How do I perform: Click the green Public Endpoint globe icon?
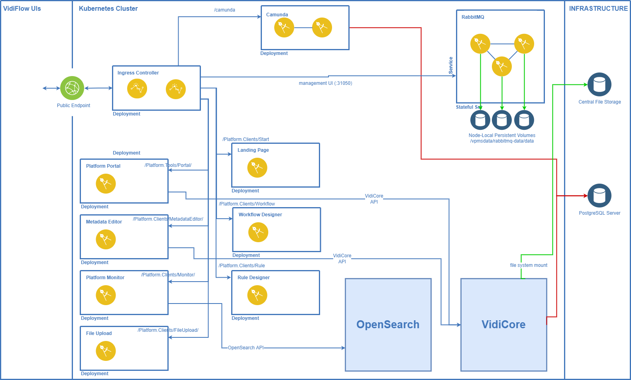click(x=72, y=88)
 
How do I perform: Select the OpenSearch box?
click(x=388, y=325)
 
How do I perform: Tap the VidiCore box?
click(x=503, y=325)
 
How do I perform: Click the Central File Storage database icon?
click(x=599, y=84)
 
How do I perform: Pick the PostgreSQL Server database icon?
click(x=599, y=196)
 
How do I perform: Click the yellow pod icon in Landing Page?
click(x=257, y=168)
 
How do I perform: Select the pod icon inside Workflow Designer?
click(x=258, y=232)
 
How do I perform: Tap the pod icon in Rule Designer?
click(x=257, y=295)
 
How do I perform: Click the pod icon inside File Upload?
click(x=106, y=351)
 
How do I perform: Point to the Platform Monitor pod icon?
click(x=106, y=295)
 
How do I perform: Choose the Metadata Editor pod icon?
click(x=106, y=239)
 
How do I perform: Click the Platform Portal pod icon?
click(x=106, y=184)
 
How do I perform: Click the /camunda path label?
click(x=224, y=10)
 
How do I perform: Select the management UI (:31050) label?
click(x=325, y=83)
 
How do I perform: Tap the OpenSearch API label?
click(x=246, y=348)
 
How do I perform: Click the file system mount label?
click(x=529, y=265)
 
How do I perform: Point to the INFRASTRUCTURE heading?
click(x=598, y=8)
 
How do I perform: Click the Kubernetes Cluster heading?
click(x=108, y=8)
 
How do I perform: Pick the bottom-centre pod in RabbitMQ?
click(x=501, y=66)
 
